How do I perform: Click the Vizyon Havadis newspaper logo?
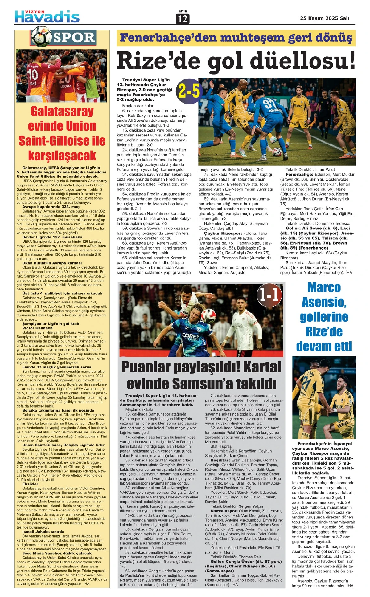pos(47,16)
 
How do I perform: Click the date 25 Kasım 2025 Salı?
pos(324,18)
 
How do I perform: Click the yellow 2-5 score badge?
pos(189,91)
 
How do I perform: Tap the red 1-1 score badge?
pos(269,294)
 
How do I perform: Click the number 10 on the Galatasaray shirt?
pos(33,74)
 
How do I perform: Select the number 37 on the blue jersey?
pos(270,103)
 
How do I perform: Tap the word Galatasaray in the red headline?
pos(62,111)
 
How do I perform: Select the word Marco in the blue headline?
pos(324,287)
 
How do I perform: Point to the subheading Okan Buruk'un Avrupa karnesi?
pos(52,263)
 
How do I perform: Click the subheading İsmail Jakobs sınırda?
pos(43,531)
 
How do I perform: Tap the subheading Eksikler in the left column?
pos(30,484)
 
